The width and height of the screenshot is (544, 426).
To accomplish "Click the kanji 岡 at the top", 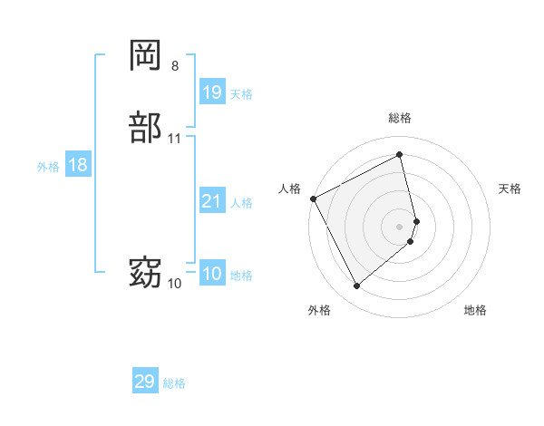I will tap(146, 55).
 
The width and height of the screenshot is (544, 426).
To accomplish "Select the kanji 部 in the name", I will tap(146, 128).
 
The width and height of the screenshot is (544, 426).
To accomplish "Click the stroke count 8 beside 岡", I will tap(175, 65).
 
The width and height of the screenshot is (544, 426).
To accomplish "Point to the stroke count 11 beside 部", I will tap(175, 139).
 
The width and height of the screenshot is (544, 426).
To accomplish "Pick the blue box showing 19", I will tap(212, 92).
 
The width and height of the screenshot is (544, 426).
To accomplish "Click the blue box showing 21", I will tap(212, 201).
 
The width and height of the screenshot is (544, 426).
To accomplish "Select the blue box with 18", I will tap(78, 165).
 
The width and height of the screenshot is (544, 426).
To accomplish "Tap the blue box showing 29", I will tap(145, 382).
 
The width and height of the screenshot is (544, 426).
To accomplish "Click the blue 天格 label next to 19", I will tap(241, 93).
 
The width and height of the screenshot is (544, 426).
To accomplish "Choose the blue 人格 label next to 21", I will tap(241, 203).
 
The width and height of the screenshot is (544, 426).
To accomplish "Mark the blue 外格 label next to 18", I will tap(48, 167).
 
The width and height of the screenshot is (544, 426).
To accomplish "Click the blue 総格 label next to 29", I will tap(174, 383).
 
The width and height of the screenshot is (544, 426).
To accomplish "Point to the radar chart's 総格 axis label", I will tap(400, 118).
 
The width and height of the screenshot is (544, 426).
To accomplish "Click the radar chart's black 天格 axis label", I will tap(510, 189).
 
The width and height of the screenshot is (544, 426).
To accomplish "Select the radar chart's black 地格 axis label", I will tap(475, 310).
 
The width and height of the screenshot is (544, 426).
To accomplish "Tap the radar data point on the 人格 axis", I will tap(313, 198).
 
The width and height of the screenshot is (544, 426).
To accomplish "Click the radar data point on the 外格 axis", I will tap(356, 286).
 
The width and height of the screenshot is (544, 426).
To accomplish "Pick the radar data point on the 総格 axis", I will tap(400, 154).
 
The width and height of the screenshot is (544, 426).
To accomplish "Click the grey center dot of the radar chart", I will tap(400, 226).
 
